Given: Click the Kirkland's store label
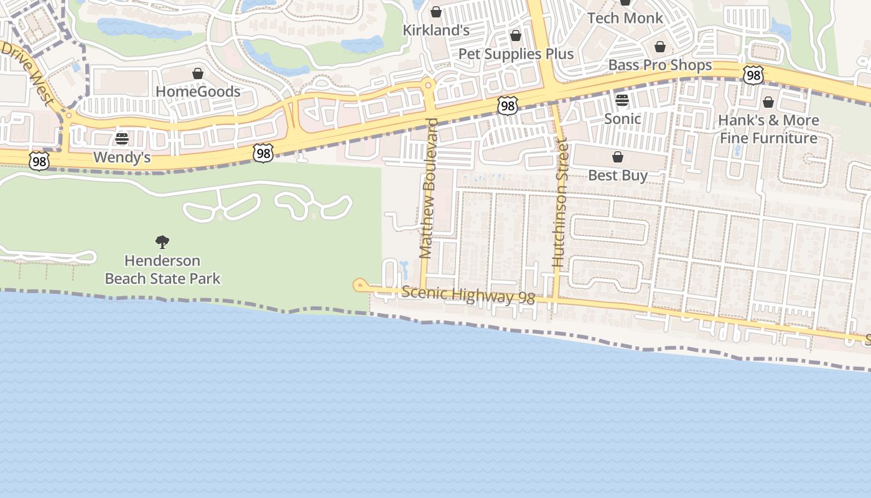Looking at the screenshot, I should coord(435,30).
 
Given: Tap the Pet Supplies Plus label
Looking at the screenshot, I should coord(516,54).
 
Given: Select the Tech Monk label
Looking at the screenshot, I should coord(625,17).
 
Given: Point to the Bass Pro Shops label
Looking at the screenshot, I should coord(659,65).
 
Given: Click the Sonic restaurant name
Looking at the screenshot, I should coord(622,118).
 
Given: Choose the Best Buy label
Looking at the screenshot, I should coord(618,175).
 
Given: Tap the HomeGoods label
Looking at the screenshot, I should coord(198,92).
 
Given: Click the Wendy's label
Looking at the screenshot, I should coord(122,157).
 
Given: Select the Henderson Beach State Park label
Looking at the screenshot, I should coord(162,269).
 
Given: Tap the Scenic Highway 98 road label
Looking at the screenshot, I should coord(468,295).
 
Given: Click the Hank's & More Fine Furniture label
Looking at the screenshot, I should coord(768,129).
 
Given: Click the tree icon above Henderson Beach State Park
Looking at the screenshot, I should coord(162,242).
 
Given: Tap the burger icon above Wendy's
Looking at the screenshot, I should coord(122,138).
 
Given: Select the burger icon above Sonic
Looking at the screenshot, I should coord(622,100).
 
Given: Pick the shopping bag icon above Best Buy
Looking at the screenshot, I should coord(618,157).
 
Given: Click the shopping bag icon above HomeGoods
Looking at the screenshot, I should coord(198,73).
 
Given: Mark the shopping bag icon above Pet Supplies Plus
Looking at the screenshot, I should coord(516,35).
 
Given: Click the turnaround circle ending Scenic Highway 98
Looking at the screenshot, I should coord(360,285).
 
